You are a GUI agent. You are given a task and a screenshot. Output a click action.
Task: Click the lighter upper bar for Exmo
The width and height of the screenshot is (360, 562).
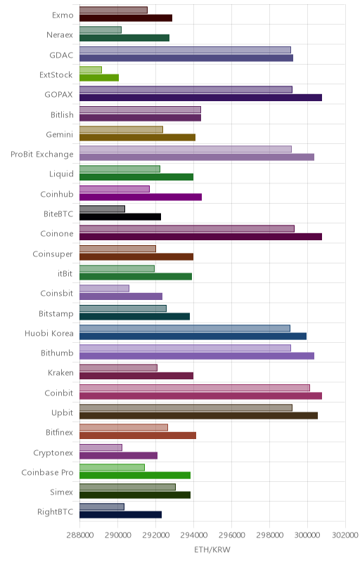click(113, 10)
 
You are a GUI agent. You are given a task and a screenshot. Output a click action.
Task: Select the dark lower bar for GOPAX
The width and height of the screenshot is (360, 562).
click(201, 98)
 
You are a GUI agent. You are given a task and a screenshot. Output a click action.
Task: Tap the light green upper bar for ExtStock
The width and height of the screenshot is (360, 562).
click(91, 70)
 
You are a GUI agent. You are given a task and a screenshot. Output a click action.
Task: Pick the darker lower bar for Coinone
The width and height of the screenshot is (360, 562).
click(201, 237)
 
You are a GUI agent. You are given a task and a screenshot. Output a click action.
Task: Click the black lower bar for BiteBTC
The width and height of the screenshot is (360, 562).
click(120, 216)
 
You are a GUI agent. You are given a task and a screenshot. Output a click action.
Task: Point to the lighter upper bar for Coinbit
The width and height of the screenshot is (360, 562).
click(195, 388)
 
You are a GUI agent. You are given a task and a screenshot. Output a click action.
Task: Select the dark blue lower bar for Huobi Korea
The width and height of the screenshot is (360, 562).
click(193, 336)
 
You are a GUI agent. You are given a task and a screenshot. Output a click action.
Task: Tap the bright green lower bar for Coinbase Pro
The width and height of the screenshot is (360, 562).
click(135, 476)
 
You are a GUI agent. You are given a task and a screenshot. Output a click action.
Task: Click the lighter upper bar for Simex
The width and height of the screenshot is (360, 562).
click(128, 487)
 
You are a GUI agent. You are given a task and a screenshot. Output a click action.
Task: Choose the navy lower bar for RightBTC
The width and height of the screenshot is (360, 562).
click(120, 515)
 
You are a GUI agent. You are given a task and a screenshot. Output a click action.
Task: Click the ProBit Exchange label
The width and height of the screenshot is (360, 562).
click(42, 155)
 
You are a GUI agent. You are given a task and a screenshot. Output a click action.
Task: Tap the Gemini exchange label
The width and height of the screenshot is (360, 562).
click(60, 134)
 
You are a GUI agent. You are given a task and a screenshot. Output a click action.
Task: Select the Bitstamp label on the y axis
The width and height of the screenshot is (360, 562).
click(56, 313)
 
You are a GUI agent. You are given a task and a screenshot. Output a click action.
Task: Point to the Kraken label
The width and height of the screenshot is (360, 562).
click(60, 373)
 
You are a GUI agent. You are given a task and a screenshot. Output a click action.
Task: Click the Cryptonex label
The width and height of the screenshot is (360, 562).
click(53, 452)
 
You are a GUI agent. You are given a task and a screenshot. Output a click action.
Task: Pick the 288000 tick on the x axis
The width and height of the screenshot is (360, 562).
click(80, 535)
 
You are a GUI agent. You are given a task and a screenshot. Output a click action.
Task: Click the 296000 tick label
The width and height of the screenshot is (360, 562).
click(231, 535)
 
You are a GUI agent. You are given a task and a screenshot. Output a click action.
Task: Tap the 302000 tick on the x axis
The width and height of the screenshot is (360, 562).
click(345, 535)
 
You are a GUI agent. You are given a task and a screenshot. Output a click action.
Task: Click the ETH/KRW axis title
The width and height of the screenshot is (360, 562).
click(212, 549)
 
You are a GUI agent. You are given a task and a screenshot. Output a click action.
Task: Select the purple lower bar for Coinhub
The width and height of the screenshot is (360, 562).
click(141, 197)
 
